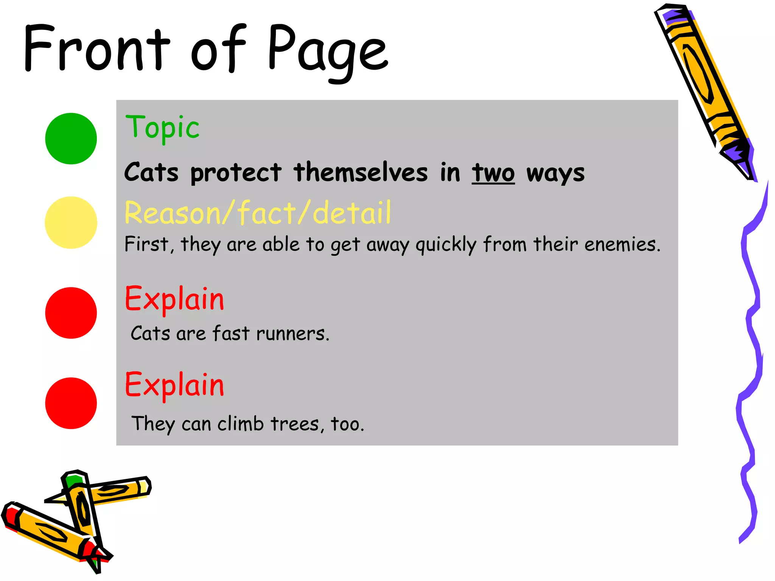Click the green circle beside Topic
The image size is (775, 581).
tap(71, 138)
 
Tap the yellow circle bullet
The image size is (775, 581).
tap(71, 222)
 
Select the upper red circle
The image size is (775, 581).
tap(71, 313)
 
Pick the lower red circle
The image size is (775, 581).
tap(71, 403)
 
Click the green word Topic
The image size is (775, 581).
tap(162, 128)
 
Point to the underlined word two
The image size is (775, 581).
tap(493, 173)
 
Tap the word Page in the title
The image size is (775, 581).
tap(328, 51)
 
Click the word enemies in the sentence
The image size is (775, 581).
tap(622, 244)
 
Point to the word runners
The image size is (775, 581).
tap(293, 334)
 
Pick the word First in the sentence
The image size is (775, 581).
tap(146, 244)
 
